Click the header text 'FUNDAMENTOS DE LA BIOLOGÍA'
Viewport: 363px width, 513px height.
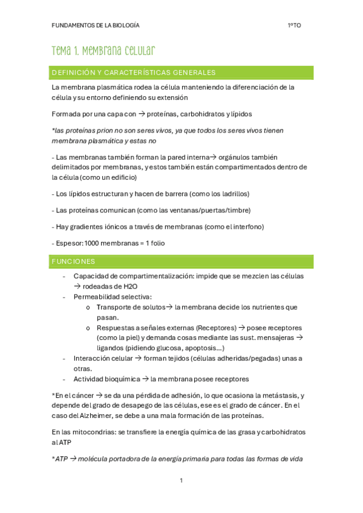96,25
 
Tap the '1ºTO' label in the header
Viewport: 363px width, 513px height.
295,25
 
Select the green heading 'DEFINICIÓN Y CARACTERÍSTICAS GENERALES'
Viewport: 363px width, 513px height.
134,73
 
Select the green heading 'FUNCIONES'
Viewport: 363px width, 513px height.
73,261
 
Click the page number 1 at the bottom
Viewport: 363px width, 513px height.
181,480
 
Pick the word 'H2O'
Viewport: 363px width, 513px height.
130,286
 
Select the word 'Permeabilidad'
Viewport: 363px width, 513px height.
97,297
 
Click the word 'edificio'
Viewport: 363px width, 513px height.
119,177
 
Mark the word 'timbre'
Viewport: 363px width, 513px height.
237,210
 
